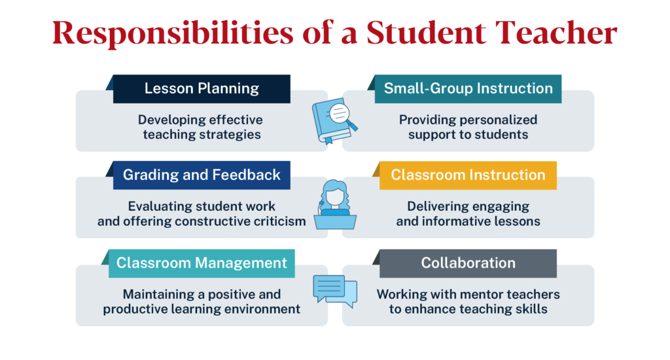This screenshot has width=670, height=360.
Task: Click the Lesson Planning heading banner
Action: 202,88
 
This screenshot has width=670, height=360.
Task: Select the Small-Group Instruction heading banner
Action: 468,88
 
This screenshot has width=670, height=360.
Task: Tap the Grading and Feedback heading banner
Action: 202,175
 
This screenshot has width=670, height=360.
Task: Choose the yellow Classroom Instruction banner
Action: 468,175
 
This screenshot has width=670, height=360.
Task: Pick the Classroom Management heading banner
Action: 202,263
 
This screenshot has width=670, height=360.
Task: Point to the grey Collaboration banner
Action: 468,263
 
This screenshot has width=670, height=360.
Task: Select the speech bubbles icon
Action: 335,290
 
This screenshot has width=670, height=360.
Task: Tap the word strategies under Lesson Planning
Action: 230,135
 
